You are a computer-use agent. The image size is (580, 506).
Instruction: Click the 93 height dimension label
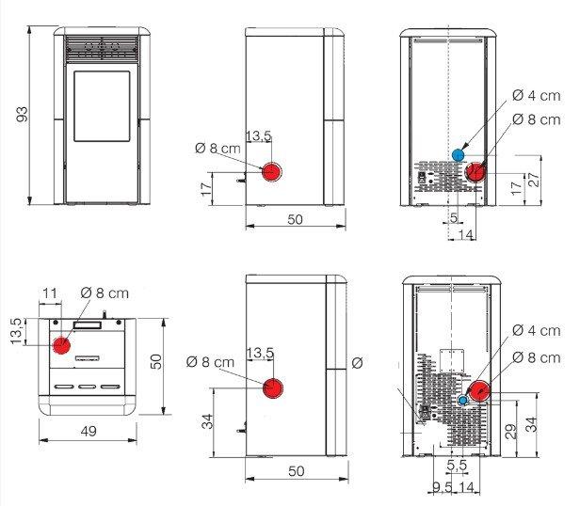tap(23, 114)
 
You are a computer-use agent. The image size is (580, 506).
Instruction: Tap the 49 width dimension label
tap(89, 431)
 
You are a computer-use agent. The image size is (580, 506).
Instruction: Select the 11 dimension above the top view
tap(50, 293)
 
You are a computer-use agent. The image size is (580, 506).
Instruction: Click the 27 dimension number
tap(535, 180)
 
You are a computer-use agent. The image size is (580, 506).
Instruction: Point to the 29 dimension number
tap(511, 432)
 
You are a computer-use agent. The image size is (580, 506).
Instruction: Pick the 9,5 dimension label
tap(443, 487)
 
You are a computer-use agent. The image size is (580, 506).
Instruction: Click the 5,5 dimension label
tap(457, 465)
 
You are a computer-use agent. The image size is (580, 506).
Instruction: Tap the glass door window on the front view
tap(102, 106)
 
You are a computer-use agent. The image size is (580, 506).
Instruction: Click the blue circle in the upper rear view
tap(459, 155)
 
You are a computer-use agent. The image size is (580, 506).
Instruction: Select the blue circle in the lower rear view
tap(462, 400)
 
